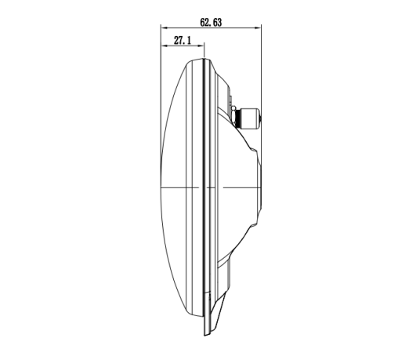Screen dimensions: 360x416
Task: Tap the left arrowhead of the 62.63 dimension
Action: click(x=164, y=30)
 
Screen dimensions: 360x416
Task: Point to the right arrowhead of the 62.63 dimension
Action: click(x=259, y=30)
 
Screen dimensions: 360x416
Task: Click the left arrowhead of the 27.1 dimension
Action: click(x=164, y=46)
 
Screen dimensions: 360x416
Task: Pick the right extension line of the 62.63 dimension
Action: click(x=262, y=71)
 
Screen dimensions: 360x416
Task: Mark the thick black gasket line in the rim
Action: click(x=201, y=188)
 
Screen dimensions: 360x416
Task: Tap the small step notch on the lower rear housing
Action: click(x=236, y=259)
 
